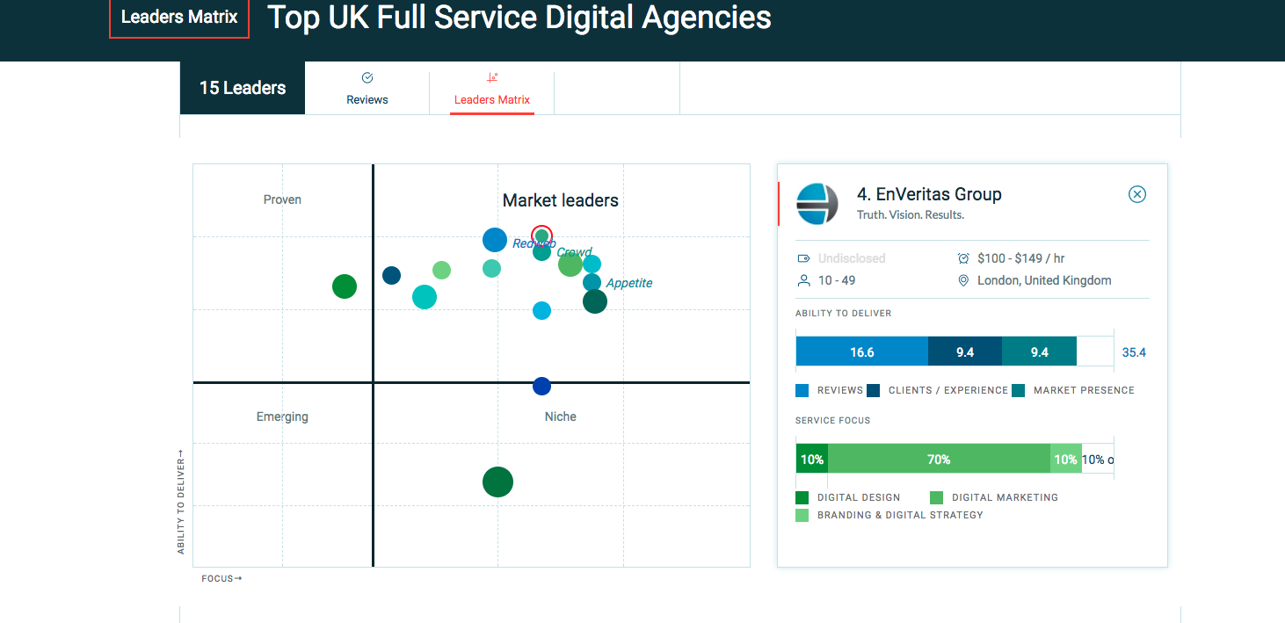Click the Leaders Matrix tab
[491, 91]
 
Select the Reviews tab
[367, 91]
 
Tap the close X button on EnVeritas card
[1137, 194]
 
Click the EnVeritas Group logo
[817, 204]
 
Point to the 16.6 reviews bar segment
[861, 351]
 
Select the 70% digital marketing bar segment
[939, 459]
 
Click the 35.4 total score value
[1134, 352]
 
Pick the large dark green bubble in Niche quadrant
[497, 482]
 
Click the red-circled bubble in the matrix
[542, 235]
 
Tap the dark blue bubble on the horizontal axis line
[541, 386]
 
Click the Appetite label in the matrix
[629, 283]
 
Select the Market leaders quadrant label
[560, 200]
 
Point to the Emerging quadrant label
[282, 417]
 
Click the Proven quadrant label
[282, 199]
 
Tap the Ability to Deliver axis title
[181, 503]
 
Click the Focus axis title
[221, 578]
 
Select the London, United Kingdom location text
[1044, 280]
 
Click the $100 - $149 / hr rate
[1021, 258]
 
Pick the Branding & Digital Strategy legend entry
[899, 515]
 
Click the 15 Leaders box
[243, 88]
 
